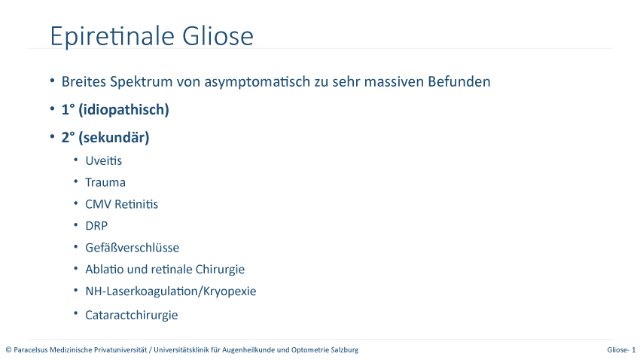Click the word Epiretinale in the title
[x=112, y=36]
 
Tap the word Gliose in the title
[x=218, y=35]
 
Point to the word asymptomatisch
[x=258, y=82]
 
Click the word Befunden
[x=459, y=81]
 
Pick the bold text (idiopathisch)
[x=123, y=110]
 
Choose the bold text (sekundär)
[x=114, y=138]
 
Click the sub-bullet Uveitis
[x=104, y=161]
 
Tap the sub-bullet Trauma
[x=105, y=182]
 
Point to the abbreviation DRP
[x=96, y=226]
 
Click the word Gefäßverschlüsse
[x=133, y=248]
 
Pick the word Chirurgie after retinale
[x=220, y=270]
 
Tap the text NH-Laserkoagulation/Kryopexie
[x=171, y=291]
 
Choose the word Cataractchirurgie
[x=132, y=315]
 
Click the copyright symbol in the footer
[x=8, y=349]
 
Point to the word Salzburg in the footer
[x=347, y=349]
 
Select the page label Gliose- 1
[x=621, y=349]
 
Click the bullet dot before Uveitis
[x=76, y=160]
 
